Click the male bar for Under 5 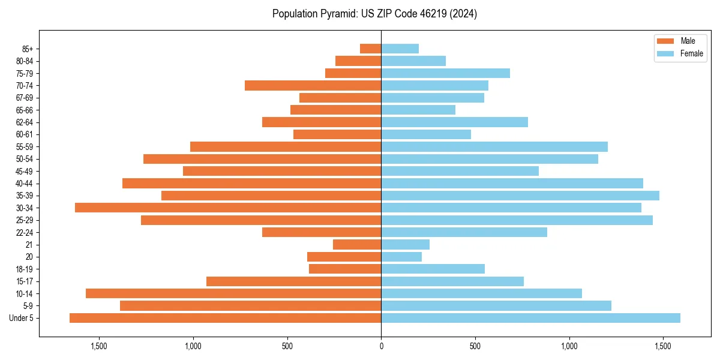pos(225,318)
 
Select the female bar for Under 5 pos(530,318)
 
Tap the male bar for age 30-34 pos(228,208)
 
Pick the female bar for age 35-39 pos(520,196)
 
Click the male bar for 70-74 pos(313,85)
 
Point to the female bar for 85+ pos(400,49)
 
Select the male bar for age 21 pos(357,244)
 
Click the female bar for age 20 pos(401,257)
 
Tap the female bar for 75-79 pos(445,73)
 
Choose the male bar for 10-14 pos(233,293)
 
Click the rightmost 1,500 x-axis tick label pos(663,347)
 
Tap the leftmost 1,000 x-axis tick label pos(193,347)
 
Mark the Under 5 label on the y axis pos(21,318)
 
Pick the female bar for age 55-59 pos(494,146)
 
